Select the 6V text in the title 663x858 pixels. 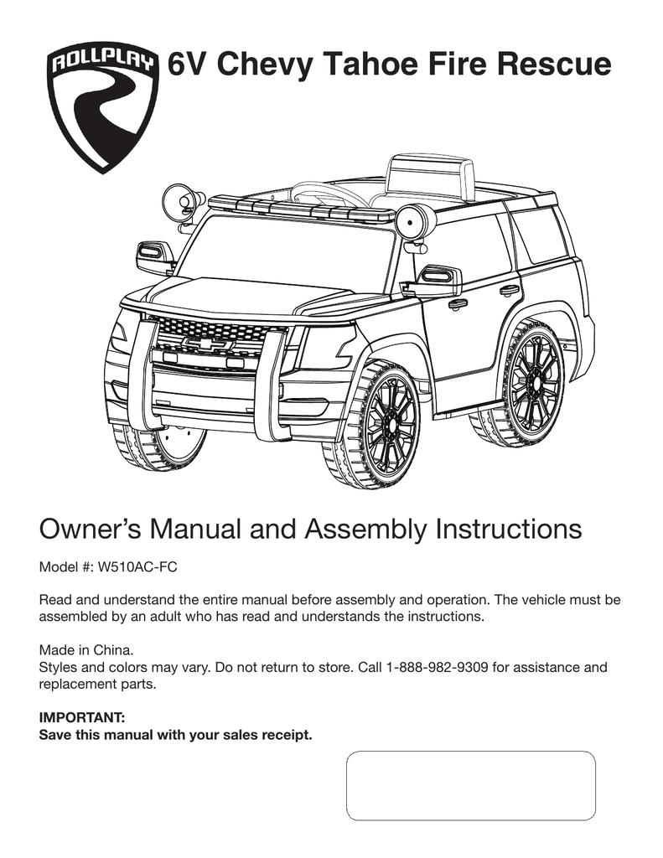189,65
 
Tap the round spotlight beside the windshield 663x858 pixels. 416,223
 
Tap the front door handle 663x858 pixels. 458,303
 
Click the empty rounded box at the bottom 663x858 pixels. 471,784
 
